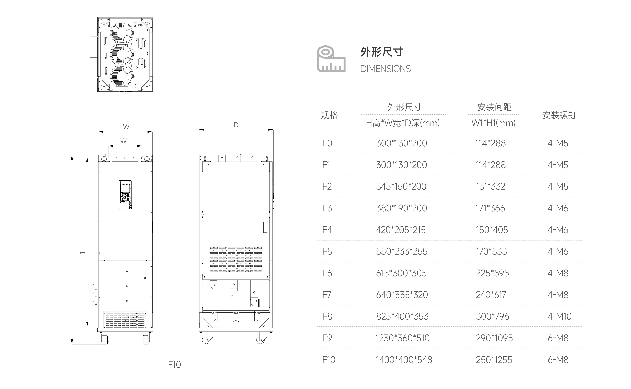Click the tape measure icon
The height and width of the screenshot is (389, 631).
[x=331, y=59]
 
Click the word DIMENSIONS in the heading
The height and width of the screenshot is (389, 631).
[x=385, y=69]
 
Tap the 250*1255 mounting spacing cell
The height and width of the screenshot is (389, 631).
[x=494, y=360]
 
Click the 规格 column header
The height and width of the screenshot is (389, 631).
[x=329, y=115]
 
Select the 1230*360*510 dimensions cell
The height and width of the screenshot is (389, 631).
[x=403, y=338]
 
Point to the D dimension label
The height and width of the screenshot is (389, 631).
[x=236, y=125]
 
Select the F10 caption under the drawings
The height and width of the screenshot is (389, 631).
[x=174, y=365]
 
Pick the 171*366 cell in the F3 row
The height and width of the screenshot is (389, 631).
[x=490, y=208]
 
